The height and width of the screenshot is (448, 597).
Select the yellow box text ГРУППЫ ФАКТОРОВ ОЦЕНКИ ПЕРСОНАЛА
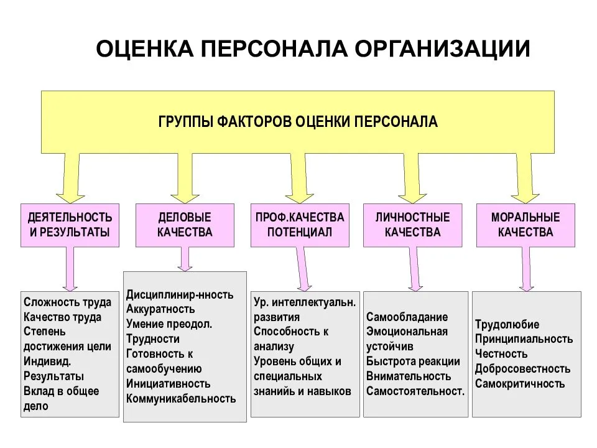(x=298, y=121)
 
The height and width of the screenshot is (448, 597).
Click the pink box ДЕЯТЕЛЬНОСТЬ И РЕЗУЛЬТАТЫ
(x=70, y=225)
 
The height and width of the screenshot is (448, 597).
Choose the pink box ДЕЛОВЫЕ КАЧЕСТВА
(x=185, y=225)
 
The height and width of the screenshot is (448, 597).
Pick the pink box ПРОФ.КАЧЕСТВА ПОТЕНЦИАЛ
(x=300, y=225)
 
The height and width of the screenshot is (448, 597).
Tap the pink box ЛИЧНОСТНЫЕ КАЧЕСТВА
(x=412, y=225)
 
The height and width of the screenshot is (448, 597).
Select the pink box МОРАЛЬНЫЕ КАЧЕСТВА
(x=525, y=225)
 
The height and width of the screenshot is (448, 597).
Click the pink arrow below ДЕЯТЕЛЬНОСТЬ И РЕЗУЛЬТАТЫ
(x=70, y=268)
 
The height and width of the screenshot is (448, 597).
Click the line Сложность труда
(x=68, y=302)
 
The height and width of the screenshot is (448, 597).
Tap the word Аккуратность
(x=160, y=309)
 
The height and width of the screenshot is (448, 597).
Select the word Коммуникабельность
(x=181, y=399)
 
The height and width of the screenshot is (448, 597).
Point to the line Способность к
(x=291, y=332)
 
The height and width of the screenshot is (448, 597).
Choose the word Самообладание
(x=407, y=317)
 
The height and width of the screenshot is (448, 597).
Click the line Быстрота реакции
(x=413, y=362)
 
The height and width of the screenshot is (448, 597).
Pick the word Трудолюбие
(x=507, y=324)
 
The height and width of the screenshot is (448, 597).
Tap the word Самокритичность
(x=520, y=384)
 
